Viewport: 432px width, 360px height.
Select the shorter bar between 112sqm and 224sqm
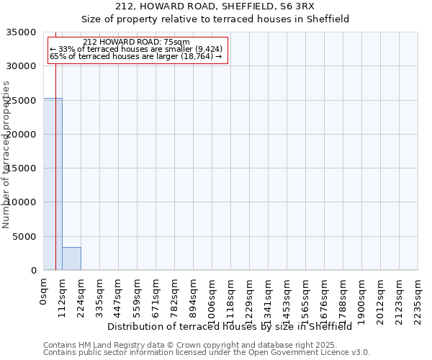click(71, 258)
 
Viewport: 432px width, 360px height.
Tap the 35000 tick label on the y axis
click(22, 32)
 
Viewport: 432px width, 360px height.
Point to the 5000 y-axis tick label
click(25, 237)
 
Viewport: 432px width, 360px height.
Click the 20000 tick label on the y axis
click(22, 135)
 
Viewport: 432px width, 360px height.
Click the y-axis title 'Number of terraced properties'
click(6, 154)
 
